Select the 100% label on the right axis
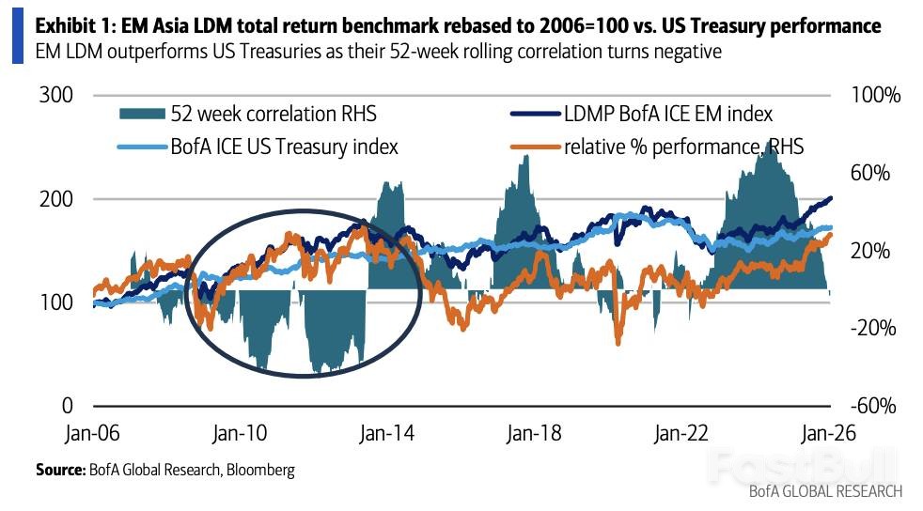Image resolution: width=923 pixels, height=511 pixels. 873,96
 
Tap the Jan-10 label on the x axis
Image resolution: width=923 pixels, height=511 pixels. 241,434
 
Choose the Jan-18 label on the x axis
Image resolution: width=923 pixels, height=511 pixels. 535,434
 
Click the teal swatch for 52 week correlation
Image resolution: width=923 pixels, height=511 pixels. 141,114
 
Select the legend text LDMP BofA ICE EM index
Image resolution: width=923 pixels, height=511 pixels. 667,114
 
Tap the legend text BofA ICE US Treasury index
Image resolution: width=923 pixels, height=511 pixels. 284,147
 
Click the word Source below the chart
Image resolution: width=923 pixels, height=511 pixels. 60,470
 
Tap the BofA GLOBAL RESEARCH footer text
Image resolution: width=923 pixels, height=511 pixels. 825,491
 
